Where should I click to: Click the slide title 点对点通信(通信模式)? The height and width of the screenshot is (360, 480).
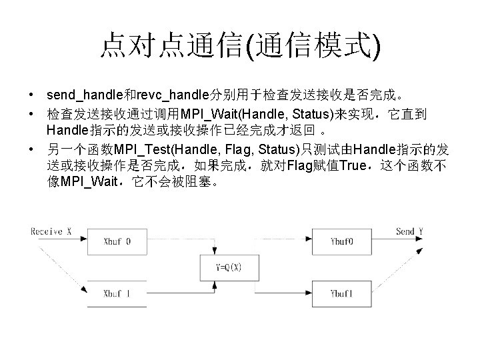[240, 46]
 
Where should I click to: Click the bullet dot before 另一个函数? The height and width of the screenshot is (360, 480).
[32, 148]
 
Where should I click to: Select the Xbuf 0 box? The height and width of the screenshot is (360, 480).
[117, 241]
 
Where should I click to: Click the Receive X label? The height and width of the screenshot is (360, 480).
[51, 231]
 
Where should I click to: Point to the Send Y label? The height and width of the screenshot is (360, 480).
[409, 231]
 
